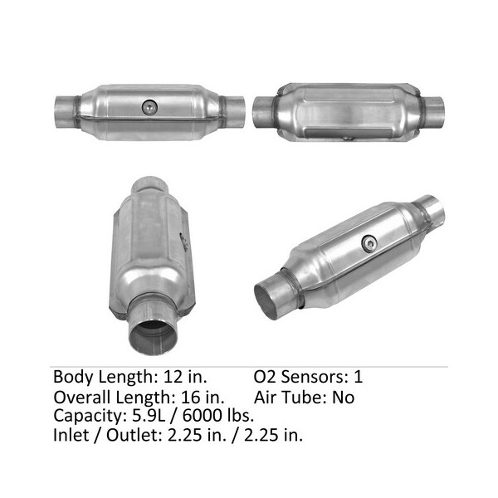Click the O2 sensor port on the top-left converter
pos(149,107)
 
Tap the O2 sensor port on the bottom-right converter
pos(369,243)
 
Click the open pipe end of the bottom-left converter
pos(153,337)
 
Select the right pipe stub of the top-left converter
pos(234,112)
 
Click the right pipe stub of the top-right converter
pos(433,110)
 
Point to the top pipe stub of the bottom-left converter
pos(149,185)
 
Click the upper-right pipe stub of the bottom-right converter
pos(430,209)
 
